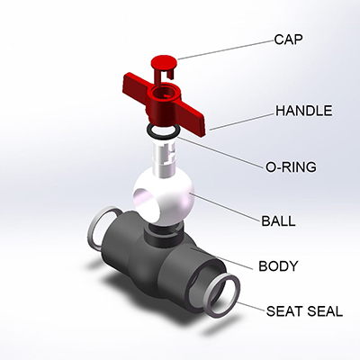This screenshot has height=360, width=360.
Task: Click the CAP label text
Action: [x=288, y=40]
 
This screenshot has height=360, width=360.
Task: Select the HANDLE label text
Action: [x=304, y=111]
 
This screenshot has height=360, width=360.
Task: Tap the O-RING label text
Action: [x=291, y=166]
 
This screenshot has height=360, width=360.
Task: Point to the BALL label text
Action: [x=278, y=221]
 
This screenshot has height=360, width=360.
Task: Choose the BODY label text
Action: [x=278, y=266]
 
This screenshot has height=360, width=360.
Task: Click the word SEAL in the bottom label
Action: [x=325, y=311]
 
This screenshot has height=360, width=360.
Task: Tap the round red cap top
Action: [x=164, y=62]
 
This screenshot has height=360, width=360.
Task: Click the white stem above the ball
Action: [x=164, y=160]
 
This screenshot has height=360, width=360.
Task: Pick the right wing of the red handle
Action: [x=193, y=118]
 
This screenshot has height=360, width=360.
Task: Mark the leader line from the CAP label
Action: [x=226, y=49]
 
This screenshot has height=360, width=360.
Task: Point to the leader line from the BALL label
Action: [x=227, y=208]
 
